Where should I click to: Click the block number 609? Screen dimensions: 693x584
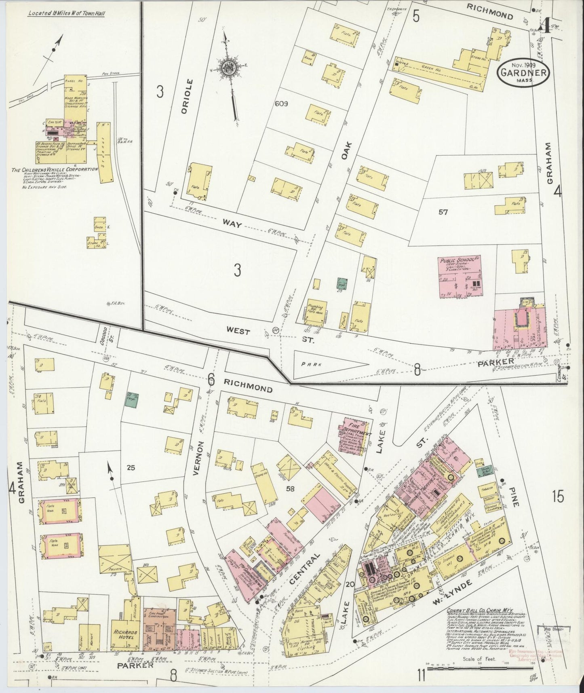pos(280,104)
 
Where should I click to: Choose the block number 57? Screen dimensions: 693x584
pos(443,212)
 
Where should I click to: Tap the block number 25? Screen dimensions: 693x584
pos(130,468)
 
